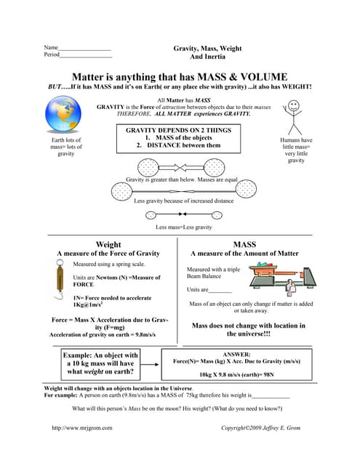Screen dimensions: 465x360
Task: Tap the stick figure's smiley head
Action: pyautogui.click(x=292, y=106)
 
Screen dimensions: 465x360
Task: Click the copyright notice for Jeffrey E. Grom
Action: pyautogui.click(x=266, y=428)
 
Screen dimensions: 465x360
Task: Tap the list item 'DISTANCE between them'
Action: pyautogui.click(x=183, y=145)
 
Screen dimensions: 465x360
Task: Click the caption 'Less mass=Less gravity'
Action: pyautogui.click(x=184, y=227)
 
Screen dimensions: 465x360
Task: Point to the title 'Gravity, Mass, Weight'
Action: pyautogui.click(x=207, y=48)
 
